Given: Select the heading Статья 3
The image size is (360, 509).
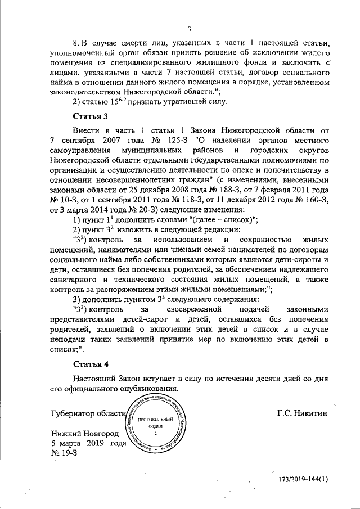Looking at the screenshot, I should (91, 116).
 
